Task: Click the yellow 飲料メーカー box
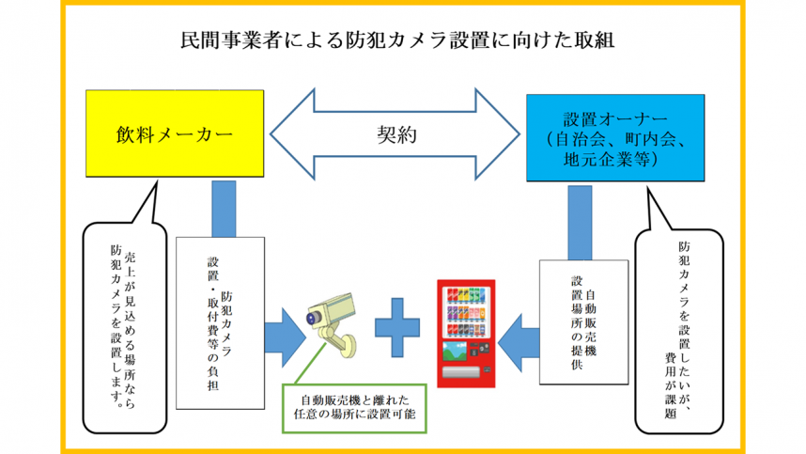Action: [175, 133]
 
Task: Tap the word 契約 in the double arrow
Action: [395, 133]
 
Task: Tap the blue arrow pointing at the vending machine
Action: [520, 332]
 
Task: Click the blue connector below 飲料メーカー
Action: [224, 208]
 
